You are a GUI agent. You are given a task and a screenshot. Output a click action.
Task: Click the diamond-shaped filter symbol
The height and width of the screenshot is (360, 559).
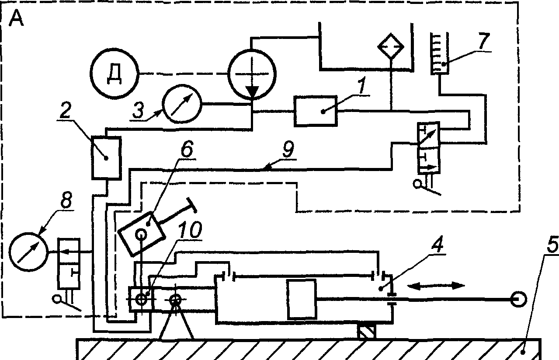391,46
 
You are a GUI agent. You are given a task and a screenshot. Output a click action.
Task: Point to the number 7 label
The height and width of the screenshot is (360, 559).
484,41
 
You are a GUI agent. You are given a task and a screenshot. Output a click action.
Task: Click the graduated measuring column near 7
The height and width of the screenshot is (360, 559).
440,53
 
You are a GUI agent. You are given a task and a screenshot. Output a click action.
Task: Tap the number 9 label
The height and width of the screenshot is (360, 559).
289,150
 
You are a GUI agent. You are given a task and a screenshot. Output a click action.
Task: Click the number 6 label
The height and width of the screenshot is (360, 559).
187,150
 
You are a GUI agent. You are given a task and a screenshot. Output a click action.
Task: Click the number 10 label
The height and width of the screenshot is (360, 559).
191,230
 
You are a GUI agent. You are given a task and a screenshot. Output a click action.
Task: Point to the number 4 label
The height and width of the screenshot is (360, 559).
437,244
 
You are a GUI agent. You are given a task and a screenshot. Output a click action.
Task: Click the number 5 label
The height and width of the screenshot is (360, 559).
552,245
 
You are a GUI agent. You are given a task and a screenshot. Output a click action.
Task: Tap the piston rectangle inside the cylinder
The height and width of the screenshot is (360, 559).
302,299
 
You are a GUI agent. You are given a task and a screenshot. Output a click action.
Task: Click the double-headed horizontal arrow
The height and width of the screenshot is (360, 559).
436,286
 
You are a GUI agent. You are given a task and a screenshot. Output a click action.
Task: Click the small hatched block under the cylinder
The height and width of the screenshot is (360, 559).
366,332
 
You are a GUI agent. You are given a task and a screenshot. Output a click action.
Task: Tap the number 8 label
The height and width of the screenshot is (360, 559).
66,200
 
